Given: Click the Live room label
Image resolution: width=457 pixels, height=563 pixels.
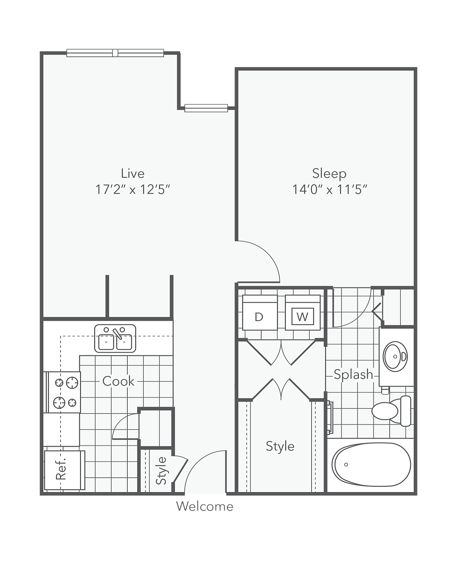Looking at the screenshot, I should [132, 173].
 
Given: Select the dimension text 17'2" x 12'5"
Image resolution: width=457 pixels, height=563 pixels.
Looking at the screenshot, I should [132, 190].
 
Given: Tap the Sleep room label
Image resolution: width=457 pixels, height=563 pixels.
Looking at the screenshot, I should [329, 173].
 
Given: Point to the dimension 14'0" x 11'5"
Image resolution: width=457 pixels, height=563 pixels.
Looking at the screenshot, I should [329, 190].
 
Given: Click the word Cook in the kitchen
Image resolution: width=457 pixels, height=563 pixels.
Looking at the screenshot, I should [118, 381].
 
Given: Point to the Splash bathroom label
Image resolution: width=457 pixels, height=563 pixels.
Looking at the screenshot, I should [353, 375].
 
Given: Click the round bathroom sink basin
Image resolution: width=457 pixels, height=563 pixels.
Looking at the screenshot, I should [395, 357].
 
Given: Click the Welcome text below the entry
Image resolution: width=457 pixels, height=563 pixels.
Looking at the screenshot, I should [205, 506].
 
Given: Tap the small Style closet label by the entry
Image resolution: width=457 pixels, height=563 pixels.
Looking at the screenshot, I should [161, 471].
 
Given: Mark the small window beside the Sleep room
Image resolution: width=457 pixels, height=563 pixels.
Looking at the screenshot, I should [206, 108].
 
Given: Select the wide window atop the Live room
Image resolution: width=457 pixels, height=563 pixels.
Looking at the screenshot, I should [115, 53].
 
